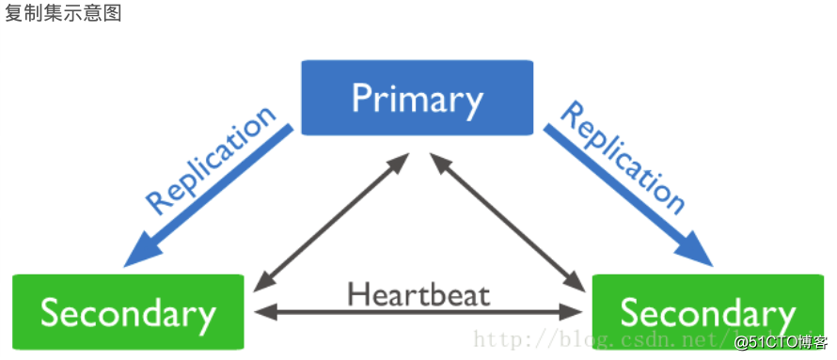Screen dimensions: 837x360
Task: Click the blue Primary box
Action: pyautogui.click(x=417, y=98)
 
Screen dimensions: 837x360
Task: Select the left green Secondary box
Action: pyautogui.click(x=128, y=312)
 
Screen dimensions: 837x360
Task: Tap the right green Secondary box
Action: pyautogui.click(x=708, y=312)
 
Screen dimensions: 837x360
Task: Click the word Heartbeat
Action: pyautogui.click(x=418, y=293)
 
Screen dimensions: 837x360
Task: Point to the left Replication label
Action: pyautogui.click(x=212, y=160)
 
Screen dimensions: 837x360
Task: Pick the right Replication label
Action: pyautogui.click(x=623, y=159)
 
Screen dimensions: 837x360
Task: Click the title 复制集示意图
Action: pyautogui.click(x=63, y=13)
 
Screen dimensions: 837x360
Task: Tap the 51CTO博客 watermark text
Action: pyautogui.click(x=782, y=342)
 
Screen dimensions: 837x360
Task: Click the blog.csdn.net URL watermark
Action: pyautogui.click(x=603, y=339)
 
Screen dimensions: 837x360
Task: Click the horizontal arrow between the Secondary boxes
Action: pyautogui.click(x=418, y=311)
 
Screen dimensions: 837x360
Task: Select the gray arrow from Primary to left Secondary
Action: pyautogui.click(x=331, y=222)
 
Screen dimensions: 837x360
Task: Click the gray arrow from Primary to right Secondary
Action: pyautogui.click(x=507, y=222)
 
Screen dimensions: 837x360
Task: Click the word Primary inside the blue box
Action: pyautogui.click(x=417, y=101)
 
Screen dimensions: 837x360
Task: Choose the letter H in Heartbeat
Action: pyautogui.click(x=357, y=294)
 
